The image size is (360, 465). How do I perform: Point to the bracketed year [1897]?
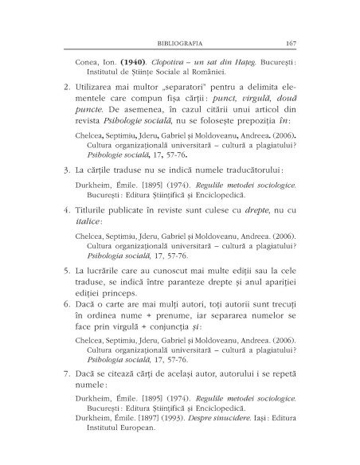[159, 439]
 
